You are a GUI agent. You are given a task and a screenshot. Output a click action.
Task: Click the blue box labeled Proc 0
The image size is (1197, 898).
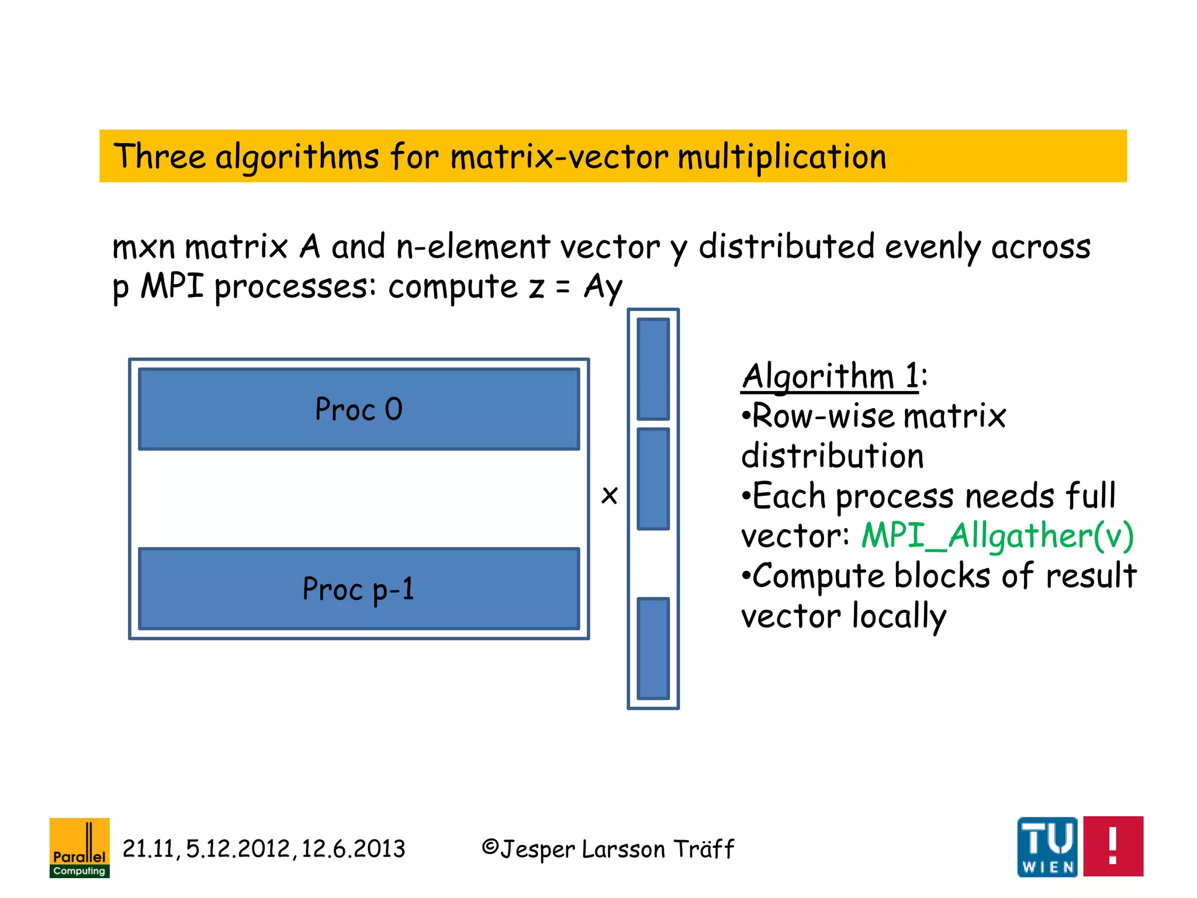[x=359, y=409]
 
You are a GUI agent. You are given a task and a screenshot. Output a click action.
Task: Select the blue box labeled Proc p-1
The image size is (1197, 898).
[x=359, y=589]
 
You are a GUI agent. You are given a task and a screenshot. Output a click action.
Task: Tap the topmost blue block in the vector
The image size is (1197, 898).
[x=653, y=369]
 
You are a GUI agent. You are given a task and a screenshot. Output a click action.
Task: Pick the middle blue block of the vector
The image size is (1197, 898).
[x=653, y=479]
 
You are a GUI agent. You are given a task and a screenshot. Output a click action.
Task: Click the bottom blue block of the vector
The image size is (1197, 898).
[x=653, y=648]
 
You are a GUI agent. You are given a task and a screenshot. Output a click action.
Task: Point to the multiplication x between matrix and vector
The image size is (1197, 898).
[x=610, y=495]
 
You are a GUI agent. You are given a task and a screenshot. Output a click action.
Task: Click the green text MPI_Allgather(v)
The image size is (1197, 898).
[x=997, y=536]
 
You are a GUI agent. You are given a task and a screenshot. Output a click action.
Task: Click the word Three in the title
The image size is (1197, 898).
[x=160, y=157]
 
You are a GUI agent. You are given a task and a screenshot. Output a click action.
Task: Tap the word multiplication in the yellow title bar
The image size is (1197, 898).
[x=781, y=157]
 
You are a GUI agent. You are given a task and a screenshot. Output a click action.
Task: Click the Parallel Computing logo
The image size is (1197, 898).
[x=79, y=847]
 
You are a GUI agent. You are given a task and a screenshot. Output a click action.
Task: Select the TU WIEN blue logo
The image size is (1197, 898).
[x=1047, y=846]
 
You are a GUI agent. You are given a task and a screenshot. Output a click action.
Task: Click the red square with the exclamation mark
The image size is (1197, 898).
[x=1113, y=846]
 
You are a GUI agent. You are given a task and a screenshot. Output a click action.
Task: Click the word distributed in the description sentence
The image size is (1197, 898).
[x=786, y=246]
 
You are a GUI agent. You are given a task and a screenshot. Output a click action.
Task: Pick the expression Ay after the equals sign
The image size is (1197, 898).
[x=603, y=287]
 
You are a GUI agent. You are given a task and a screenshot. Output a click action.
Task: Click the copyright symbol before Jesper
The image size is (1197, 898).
[x=490, y=847]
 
